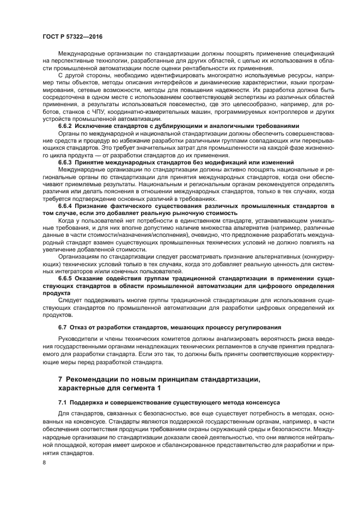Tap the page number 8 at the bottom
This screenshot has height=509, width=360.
point(44,462)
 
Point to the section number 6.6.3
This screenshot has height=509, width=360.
point(66,162)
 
